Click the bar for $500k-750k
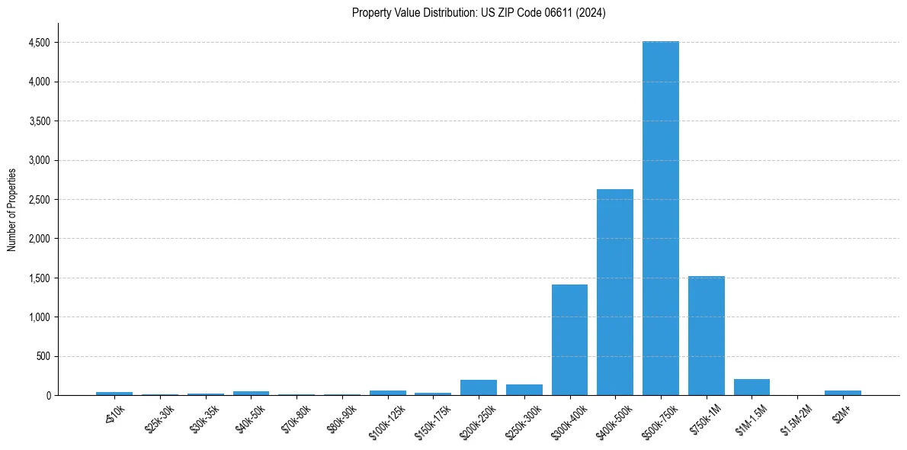coord(660,218)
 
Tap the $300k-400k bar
coord(569,339)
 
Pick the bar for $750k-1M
coord(706,336)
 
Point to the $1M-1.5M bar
coord(752,387)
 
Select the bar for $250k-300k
coord(524,390)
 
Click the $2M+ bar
coord(843,393)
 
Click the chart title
coord(479,13)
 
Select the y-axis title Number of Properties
coord(12,209)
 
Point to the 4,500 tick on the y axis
coord(39,43)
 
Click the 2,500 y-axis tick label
coord(39,200)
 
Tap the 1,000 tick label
coord(39,317)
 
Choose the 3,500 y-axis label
coord(39,121)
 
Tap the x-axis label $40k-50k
coord(251,417)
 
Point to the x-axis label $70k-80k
coord(296,417)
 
